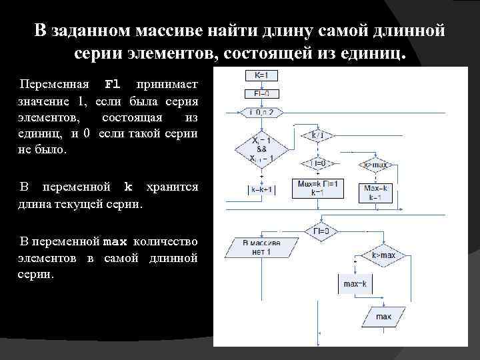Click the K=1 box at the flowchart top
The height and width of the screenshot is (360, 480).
[x=261, y=75]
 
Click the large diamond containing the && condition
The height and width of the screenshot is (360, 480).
[x=261, y=149]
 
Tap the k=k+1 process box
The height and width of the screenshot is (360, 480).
[x=261, y=190]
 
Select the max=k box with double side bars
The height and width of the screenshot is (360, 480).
[x=355, y=284]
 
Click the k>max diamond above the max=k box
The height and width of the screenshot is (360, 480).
[x=383, y=255]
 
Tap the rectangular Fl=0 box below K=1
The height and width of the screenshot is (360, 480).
[x=261, y=93]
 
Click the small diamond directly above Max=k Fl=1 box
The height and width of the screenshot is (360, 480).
[x=319, y=163]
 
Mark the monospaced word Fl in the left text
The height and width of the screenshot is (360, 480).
[x=113, y=85]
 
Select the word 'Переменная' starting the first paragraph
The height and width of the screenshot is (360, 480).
[x=55, y=85]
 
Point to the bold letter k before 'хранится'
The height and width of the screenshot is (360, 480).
[x=129, y=187]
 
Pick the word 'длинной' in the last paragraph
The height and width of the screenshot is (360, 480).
[x=174, y=257]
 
